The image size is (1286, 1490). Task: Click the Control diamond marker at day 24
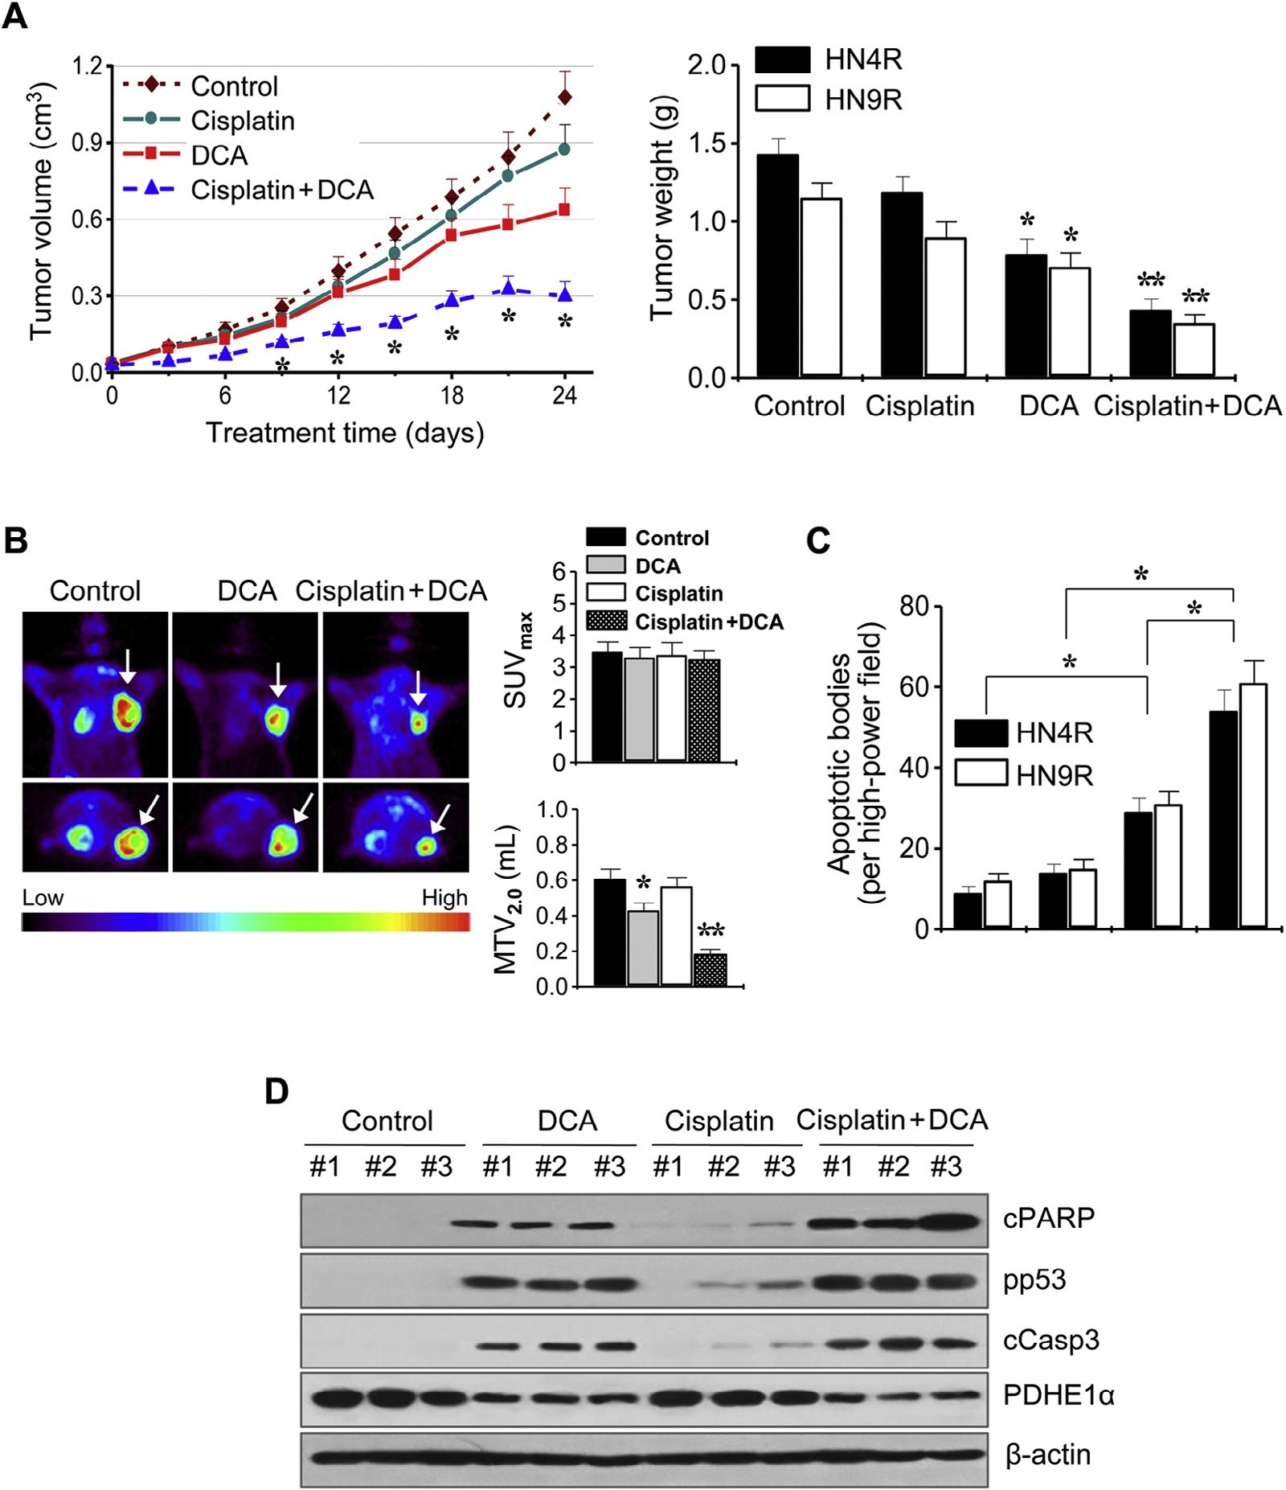pyautogui.click(x=565, y=97)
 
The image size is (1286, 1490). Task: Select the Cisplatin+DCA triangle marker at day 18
pyautogui.click(x=452, y=300)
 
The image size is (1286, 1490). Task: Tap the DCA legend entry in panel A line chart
pyautogui.click(x=218, y=155)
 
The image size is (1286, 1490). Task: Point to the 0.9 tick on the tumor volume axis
pyautogui.click(x=88, y=143)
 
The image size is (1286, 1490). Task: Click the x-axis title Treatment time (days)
pyautogui.click(x=345, y=433)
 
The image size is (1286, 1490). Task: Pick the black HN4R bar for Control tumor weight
pyautogui.click(x=778, y=265)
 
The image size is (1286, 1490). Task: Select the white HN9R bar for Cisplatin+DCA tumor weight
pyautogui.click(x=1194, y=350)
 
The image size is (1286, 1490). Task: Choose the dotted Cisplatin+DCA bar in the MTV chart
pyautogui.click(x=710, y=970)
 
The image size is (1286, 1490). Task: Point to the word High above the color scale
pyautogui.click(x=444, y=898)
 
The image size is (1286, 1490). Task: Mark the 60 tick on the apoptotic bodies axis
pyautogui.click(x=914, y=687)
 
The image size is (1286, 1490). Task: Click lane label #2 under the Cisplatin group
pyautogui.click(x=723, y=1167)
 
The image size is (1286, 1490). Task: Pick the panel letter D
pyautogui.click(x=276, y=1092)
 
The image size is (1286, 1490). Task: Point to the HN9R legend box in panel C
pyautogui.click(x=981, y=774)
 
